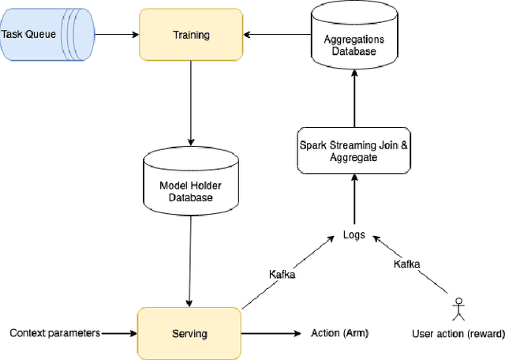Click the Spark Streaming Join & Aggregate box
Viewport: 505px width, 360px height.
[353, 151]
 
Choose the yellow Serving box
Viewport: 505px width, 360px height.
[189, 333]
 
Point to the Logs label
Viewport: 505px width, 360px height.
[353, 234]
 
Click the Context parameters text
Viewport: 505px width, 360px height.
[54, 333]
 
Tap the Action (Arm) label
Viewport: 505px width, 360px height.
[339, 333]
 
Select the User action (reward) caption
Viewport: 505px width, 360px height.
[458, 334]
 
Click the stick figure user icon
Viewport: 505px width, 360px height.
[458, 309]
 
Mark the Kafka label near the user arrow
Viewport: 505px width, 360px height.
[407, 263]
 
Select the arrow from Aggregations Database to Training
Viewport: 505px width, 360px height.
[276, 35]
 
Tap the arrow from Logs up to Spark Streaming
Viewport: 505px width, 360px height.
[353, 201]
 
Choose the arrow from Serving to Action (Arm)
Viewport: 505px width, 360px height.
[268, 333]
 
